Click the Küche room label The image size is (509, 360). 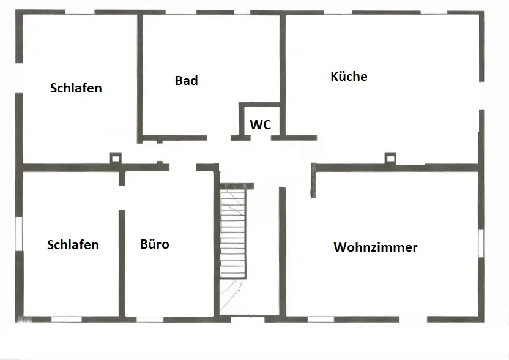(x=349, y=77)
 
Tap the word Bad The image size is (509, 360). (x=186, y=80)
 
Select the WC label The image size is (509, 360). (x=260, y=124)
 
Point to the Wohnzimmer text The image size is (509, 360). (x=376, y=247)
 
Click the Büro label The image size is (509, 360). (x=155, y=244)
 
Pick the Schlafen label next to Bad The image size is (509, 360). (x=76, y=88)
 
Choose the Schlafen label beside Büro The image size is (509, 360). (x=73, y=245)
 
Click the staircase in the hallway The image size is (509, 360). (x=232, y=233)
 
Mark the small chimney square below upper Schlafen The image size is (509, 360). (x=114, y=159)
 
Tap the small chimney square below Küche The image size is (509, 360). (x=390, y=159)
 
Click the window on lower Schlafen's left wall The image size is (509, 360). (x=19, y=233)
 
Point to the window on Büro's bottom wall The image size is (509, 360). (x=149, y=318)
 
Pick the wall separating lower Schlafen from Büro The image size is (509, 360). (x=122, y=263)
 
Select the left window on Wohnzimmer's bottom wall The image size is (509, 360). (x=321, y=318)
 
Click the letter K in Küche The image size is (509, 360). (x=334, y=77)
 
